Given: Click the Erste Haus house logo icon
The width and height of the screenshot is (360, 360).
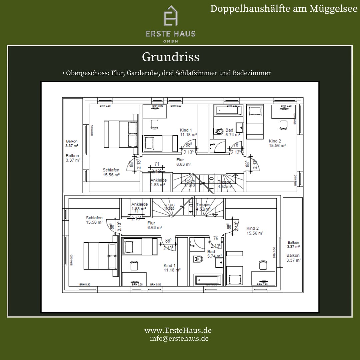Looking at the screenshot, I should (170, 16).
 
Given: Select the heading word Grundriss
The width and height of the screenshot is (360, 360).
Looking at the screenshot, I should (170, 57).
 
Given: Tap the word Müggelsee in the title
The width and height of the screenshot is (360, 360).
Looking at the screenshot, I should (333, 9).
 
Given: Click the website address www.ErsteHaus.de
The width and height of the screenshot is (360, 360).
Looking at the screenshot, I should (178, 330).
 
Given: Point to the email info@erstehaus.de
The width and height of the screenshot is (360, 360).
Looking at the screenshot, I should (179, 338).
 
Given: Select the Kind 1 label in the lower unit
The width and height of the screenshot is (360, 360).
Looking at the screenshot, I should (172, 268).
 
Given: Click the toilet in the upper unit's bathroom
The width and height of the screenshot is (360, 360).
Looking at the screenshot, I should (219, 131).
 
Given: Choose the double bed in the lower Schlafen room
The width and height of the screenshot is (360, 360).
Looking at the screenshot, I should (100, 255).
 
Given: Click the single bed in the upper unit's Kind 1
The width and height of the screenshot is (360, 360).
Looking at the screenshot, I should (160, 143).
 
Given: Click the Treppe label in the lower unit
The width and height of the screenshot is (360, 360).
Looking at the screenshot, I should (203, 207).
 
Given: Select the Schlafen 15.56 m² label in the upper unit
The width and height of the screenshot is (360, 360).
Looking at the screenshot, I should (111, 172).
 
